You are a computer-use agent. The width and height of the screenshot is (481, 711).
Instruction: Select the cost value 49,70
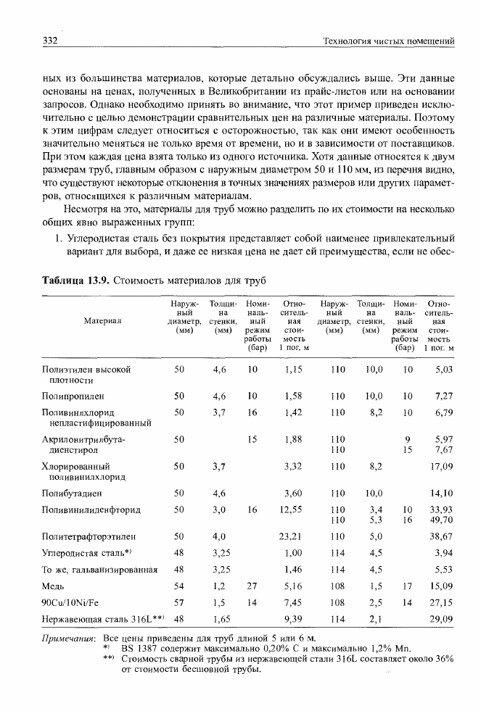(x=441, y=520)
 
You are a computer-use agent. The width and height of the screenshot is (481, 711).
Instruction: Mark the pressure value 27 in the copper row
(x=252, y=585)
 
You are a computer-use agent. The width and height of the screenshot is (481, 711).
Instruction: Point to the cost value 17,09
(x=441, y=466)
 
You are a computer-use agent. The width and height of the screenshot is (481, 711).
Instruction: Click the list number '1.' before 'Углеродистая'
(x=52, y=238)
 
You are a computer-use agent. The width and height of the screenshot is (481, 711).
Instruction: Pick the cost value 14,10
(x=441, y=494)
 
